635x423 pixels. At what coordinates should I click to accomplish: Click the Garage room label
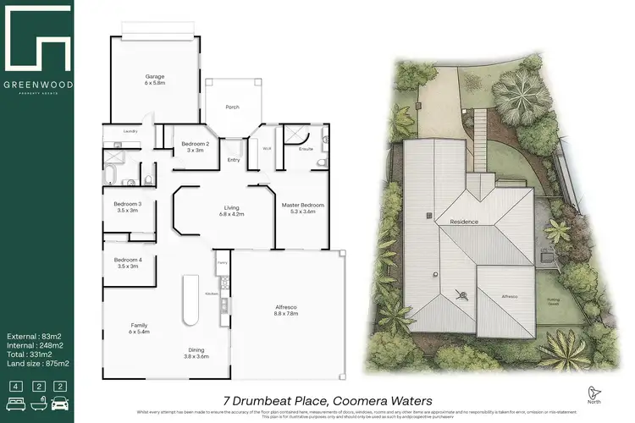click(x=153, y=75)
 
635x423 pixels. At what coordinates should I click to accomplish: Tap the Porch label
click(x=232, y=107)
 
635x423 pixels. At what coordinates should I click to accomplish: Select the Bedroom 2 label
click(x=195, y=144)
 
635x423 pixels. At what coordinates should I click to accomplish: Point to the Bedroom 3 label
click(x=128, y=203)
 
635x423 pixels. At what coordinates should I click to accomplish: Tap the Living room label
click(x=232, y=207)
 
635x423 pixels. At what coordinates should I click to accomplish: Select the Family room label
click(x=139, y=325)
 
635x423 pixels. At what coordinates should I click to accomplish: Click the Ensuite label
click(x=306, y=149)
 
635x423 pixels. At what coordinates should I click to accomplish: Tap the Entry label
click(x=234, y=159)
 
